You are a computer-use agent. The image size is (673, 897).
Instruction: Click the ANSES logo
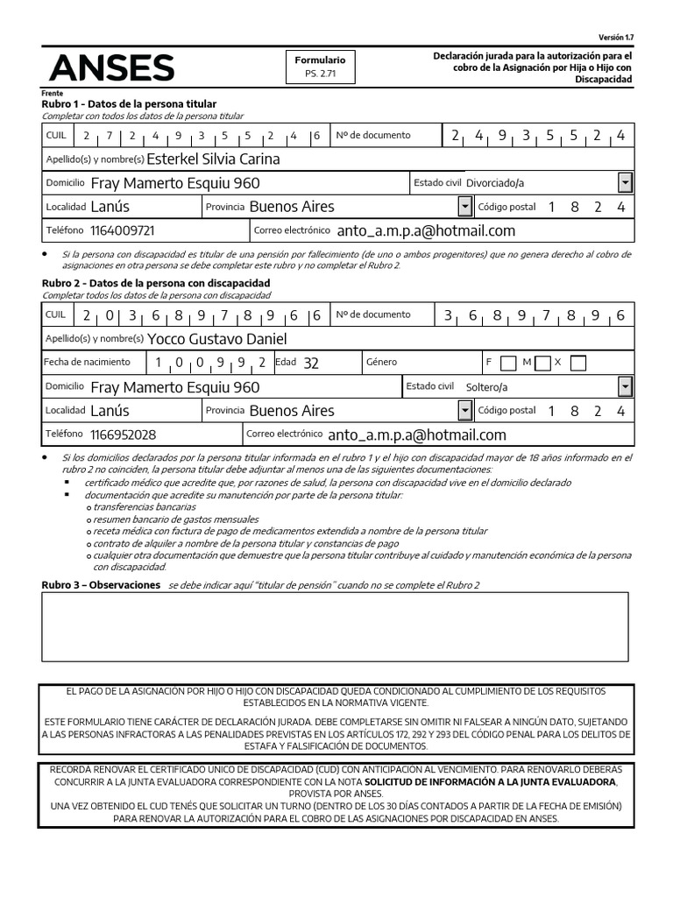tap(111, 67)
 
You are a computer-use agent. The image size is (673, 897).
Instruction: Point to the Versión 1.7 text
tap(615, 38)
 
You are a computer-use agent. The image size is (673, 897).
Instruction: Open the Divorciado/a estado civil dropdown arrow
tap(625, 183)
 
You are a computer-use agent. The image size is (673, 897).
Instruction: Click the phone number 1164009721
tap(123, 230)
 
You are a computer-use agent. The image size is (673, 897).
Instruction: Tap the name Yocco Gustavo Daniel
tap(217, 339)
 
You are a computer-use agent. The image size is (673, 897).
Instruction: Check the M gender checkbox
tap(542, 363)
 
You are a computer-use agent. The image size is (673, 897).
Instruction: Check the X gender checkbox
tap(577, 363)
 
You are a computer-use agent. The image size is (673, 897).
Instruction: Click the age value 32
tap(310, 363)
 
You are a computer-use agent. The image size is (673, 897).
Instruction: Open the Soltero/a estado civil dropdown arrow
tap(625, 386)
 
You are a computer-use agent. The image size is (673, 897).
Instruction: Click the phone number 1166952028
tap(123, 434)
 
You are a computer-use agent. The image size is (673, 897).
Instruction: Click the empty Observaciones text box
tap(335, 627)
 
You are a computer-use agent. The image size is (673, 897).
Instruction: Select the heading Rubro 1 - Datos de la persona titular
tap(129, 103)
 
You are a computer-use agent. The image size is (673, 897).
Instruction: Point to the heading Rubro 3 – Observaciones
tap(101, 584)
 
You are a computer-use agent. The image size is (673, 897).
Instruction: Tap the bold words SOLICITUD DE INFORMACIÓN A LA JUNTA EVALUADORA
tap(491, 780)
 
